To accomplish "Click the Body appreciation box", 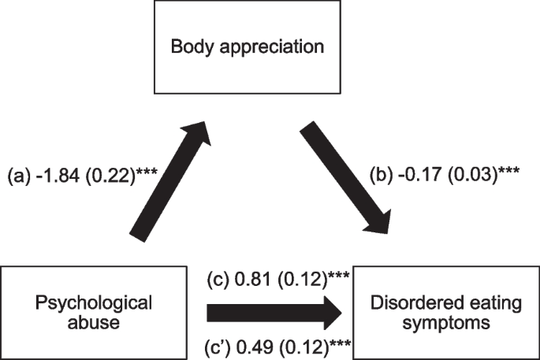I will click(248, 47).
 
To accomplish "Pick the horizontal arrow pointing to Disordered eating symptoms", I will click(276, 314).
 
